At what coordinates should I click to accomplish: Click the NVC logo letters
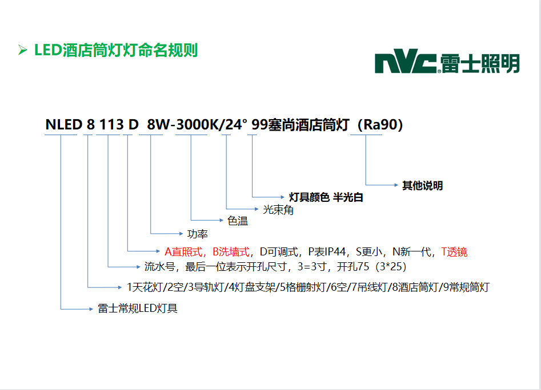pyautogui.click(x=406, y=62)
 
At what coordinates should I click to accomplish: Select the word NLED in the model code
pyautogui.click(x=64, y=125)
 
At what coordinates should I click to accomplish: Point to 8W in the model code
pyautogui.click(x=158, y=125)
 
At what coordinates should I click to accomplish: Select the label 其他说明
pyautogui.click(x=422, y=185)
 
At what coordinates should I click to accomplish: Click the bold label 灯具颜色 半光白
pyautogui.click(x=326, y=198)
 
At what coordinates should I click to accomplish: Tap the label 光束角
pyautogui.click(x=278, y=210)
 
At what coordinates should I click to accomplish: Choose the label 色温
pyautogui.click(x=238, y=221)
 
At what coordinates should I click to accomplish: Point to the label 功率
pyautogui.click(x=197, y=234)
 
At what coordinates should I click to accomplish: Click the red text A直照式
pyautogui.click(x=185, y=251)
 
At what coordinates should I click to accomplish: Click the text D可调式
pyautogui.click(x=279, y=251)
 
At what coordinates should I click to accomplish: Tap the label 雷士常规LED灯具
pyautogui.click(x=138, y=308)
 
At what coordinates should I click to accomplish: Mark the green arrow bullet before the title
pyautogui.click(x=23, y=51)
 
